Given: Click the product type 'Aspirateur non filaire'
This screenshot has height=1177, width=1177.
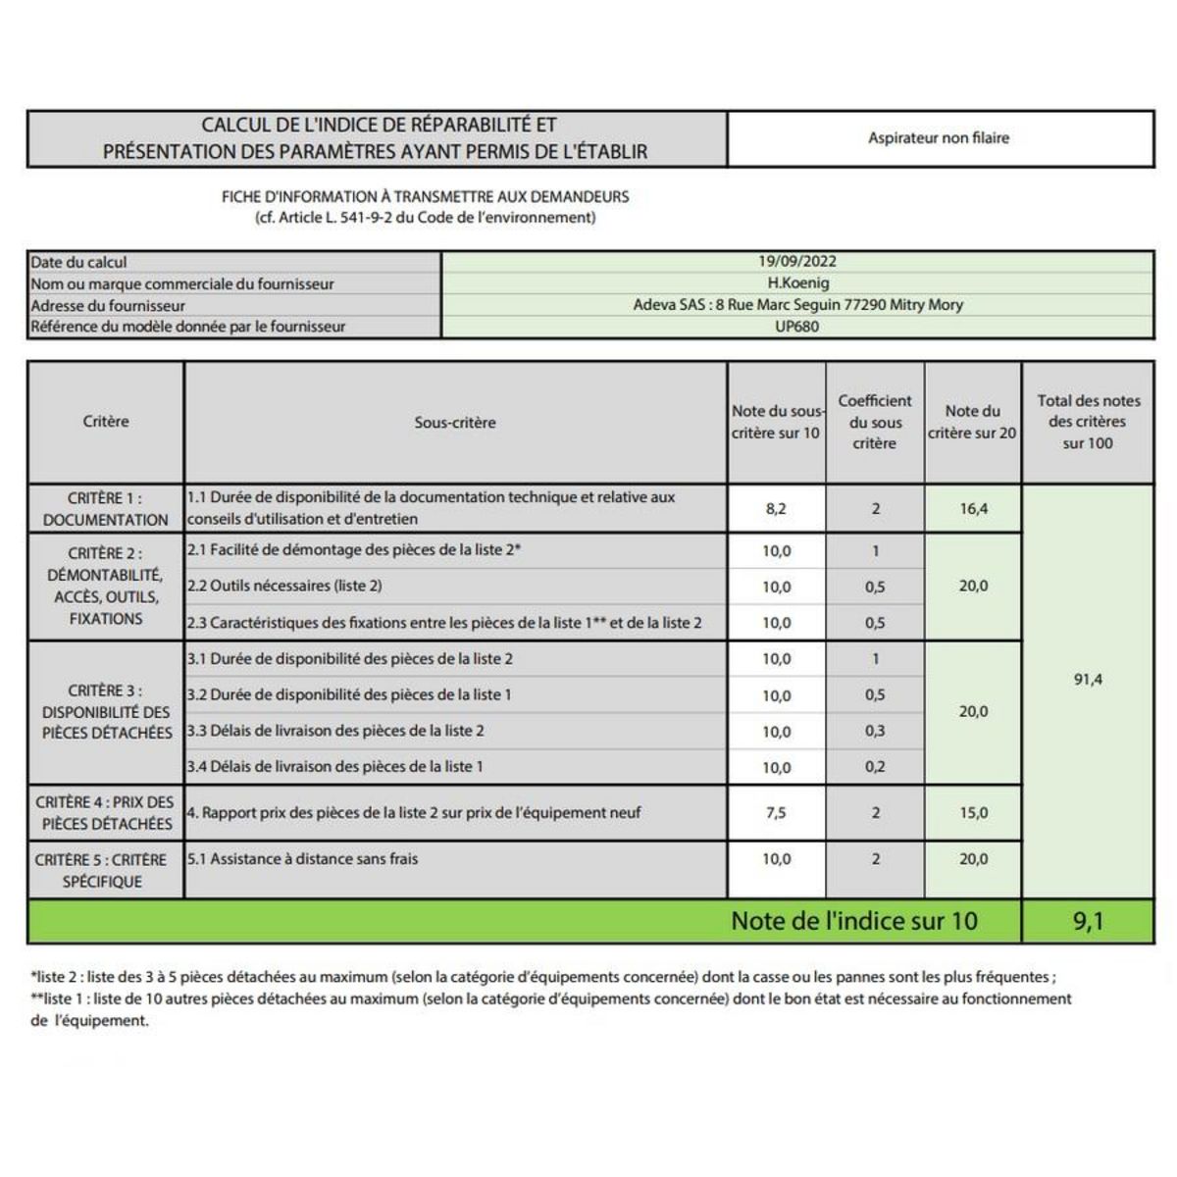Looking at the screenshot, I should pos(938,138).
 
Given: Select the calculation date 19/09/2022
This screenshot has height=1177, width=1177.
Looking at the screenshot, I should pos(796,262).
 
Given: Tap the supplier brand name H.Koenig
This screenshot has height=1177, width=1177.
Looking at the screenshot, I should pos(797,283).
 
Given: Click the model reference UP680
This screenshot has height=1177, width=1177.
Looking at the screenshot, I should pos(796,327).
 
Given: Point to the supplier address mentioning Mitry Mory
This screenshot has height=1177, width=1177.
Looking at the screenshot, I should pos(797,305).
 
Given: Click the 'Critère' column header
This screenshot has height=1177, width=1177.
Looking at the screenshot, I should pos(106,422).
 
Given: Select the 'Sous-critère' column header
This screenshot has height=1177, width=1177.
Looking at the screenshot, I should pos(455,423).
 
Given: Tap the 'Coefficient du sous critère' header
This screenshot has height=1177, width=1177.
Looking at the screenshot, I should pos(874,422).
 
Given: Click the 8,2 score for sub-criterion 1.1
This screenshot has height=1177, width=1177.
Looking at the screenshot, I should pos(776,508).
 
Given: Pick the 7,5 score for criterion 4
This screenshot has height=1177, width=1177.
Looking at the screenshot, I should pos(776,812).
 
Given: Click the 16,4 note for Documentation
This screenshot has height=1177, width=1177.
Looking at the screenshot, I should pos(973,508).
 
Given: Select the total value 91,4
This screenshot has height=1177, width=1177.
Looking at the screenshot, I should pos(1088,679).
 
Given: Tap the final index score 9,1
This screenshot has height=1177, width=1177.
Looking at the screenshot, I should pos(1088,921).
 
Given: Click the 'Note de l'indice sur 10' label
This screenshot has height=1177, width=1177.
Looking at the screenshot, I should pos(854,921).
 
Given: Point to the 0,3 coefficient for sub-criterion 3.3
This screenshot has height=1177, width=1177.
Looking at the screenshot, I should pos(875,731).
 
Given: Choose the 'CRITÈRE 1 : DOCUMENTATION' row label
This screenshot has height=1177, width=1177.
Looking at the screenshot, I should pos(106,509).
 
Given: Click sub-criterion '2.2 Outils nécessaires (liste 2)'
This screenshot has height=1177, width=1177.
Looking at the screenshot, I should pos(284,586).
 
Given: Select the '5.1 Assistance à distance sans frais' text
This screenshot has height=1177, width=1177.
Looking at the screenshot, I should pos(302,859).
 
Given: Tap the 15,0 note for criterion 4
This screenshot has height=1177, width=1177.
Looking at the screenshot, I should pos(973,812).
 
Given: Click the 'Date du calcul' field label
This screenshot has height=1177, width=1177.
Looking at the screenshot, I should pos(78,263).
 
